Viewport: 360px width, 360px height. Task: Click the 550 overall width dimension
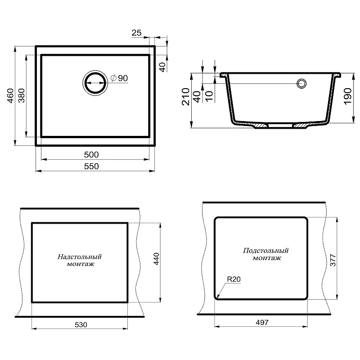(x=91, y=166)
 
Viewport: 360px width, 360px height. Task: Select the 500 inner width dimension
(x=91, y=155)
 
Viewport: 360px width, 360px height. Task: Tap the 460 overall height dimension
(x=10, y=96)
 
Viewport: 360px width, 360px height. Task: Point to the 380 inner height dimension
(x=21, y=96)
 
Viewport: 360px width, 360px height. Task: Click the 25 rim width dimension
(x=136, y=33)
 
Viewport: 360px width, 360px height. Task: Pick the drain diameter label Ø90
(x=119, y=78)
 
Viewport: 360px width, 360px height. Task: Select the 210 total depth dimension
(x=186, y=96)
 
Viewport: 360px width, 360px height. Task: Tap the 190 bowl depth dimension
(x=347, y=96)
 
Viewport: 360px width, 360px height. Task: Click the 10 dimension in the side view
(x=209, y=96)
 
